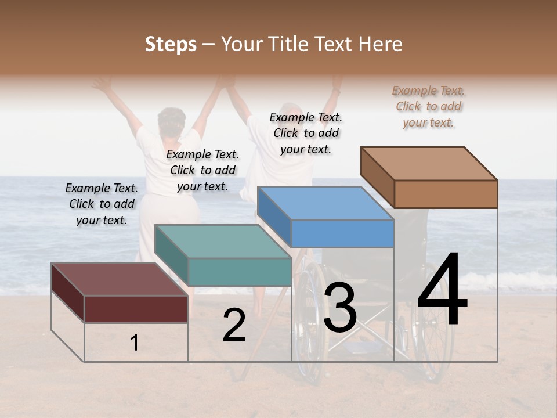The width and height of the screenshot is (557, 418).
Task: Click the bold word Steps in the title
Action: coord(171,44)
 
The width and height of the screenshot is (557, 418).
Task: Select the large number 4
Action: coord(442,290)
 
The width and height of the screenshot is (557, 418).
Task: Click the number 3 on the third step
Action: coord(340,308)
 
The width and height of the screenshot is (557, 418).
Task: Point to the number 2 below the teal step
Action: coord(234,326)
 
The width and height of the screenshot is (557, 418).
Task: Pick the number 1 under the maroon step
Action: coord(135,343)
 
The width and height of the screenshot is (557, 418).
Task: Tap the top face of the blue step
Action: coord(325,203)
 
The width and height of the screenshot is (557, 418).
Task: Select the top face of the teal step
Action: coord(223,241)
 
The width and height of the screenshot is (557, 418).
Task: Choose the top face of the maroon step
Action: coord(120,279)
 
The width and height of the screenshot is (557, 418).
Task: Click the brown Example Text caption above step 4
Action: coord(428,106)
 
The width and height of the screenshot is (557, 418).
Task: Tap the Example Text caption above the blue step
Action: coord(306,133)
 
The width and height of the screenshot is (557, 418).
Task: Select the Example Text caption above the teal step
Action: coord(202,170)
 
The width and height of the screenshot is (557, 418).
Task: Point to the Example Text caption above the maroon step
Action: coord(102,204)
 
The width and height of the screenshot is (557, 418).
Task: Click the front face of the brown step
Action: coord(446,194)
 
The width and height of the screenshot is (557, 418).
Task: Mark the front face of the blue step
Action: coord(342,234)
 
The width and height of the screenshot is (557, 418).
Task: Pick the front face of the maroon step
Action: coord(136,309)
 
